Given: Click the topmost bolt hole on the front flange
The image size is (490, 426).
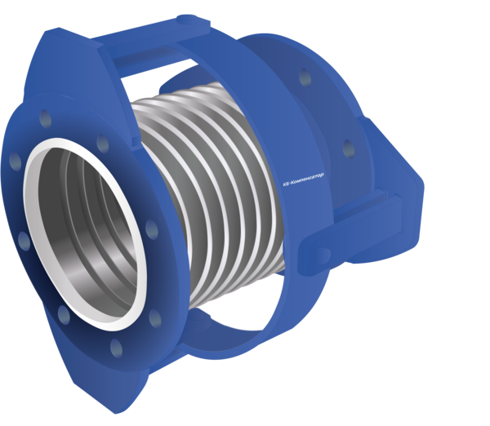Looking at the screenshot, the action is click(45, 118).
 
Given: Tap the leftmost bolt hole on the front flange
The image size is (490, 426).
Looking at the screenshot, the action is click(15, 161).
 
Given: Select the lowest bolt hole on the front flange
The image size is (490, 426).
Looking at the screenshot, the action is click(116, 348).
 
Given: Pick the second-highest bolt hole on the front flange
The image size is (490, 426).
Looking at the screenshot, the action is click(103, 144).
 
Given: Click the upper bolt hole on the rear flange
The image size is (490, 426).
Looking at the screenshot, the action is click(305, 78).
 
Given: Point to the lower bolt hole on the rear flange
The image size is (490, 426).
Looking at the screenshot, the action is click(349, 149).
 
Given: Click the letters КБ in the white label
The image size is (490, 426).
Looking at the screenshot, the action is click(286, 184).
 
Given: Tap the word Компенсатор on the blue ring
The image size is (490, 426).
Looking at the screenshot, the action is click(308, 179).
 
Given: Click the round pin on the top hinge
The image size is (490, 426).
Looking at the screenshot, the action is click(187, 19).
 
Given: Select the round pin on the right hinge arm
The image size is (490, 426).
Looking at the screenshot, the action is click(322, 255).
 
